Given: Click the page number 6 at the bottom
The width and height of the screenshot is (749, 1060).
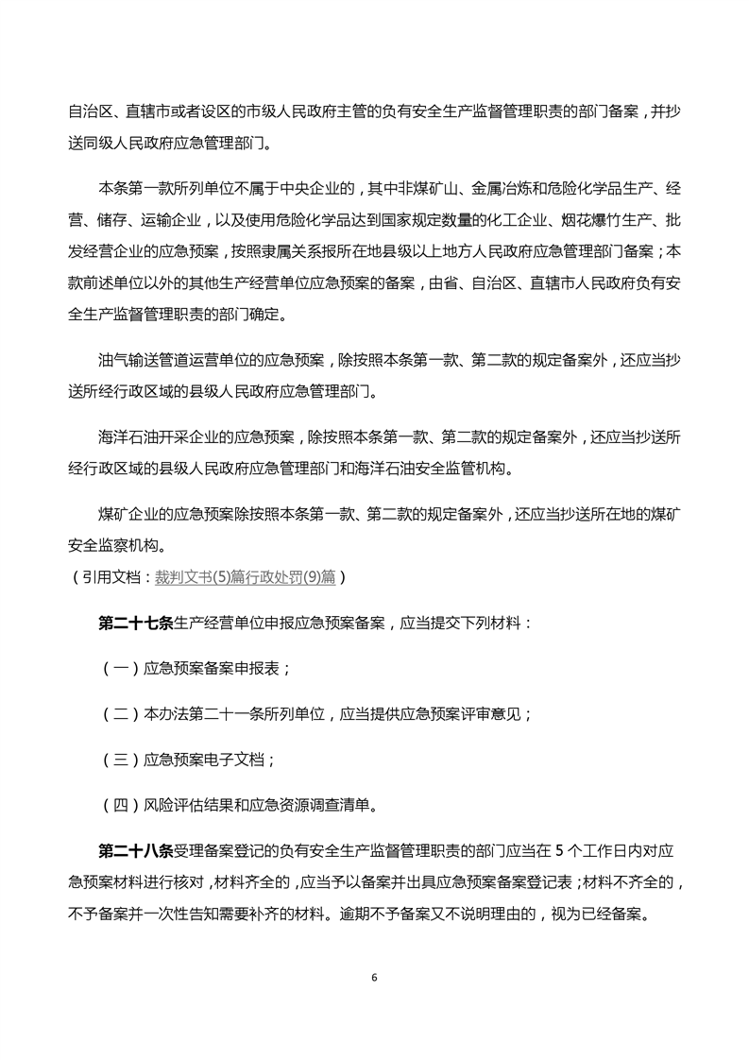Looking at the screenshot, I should [375, 977].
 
